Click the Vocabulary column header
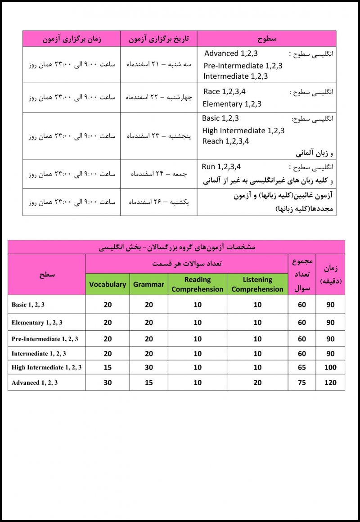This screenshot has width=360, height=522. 108,284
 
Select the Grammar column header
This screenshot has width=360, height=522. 148,284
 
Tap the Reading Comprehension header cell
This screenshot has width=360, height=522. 198,284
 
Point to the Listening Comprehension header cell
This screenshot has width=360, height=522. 257,284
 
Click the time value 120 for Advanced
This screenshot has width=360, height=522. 330,382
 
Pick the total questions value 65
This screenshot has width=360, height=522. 302,367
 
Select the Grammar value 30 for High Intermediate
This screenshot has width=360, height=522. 149,367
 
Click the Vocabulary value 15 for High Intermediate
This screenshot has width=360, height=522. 108,367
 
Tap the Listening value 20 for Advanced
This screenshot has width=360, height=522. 257,382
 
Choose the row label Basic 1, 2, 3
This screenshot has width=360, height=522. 28,305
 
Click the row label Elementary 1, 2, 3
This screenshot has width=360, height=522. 37,323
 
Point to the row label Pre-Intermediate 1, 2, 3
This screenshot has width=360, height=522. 45,339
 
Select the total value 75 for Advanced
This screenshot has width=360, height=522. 302,382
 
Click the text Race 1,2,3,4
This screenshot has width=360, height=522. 225,92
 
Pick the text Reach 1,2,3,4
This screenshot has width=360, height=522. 226,141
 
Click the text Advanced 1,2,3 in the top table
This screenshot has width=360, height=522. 231,54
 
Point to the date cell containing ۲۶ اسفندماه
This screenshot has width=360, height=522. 158,202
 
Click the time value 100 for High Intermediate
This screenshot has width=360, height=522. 330,367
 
